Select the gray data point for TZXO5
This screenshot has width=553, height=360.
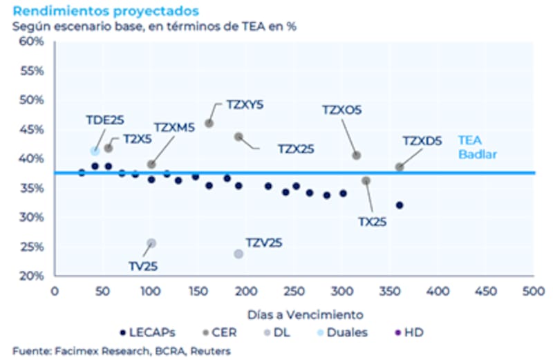(356, 155)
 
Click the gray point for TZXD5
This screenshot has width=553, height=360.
(400, 167)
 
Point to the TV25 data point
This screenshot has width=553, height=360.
(151, 243)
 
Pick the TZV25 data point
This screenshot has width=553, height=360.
(238, 254)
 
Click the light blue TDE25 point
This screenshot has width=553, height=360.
(95, 151)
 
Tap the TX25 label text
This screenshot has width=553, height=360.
(372, 222)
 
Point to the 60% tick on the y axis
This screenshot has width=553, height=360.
(32, 41)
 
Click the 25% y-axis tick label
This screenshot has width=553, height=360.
(32, 247)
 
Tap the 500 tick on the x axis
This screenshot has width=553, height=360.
(533, 291)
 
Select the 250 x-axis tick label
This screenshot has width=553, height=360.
(294, 291)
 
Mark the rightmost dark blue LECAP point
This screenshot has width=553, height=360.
(400, 205)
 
